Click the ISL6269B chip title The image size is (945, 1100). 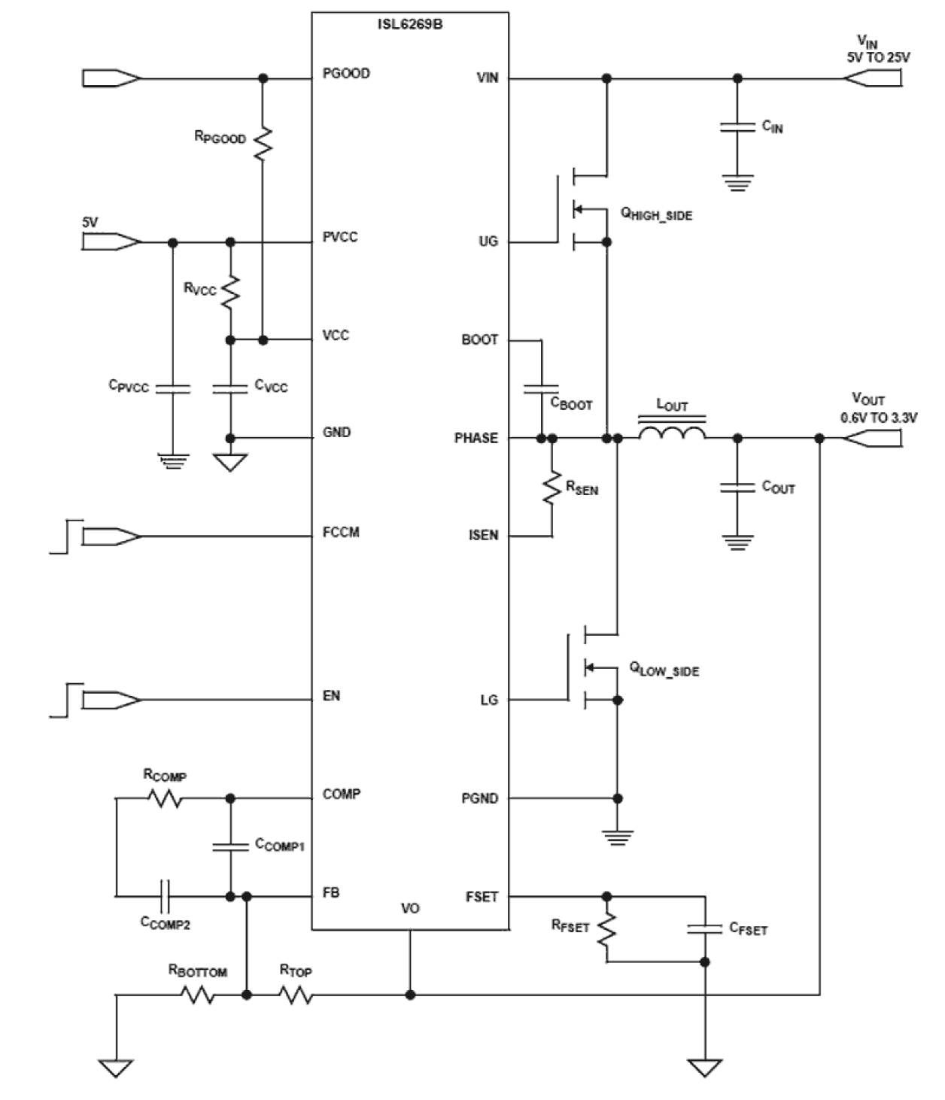pyautogui.click(x=410, y=24)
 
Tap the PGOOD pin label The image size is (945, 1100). pyautogui.click(x=345, y=74)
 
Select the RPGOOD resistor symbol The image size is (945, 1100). pyautogui.click(x=263, y=143)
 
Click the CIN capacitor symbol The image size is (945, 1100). pyautogui.click(x=737, y=127)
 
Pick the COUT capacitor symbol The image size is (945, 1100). pyautogui.click(x=737, y=488)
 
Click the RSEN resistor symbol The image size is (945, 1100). pyautogui.click(x=552, y=488)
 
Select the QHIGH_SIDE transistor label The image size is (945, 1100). pyautogui.click(x=656, y=214)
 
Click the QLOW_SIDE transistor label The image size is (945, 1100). pyautogui.click(x=664, y=670)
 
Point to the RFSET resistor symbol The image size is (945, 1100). pyautogui.click(x=606, y=930)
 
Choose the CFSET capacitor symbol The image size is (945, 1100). pyautogui.click(x=705, y=928)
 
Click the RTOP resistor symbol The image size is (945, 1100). pyautogui.click(x=296, y=995)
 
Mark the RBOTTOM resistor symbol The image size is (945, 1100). pyautogui.click(x=197, y=995)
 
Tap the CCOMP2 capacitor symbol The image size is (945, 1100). pyautogui.click(x=166, y=896)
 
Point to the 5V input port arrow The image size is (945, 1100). pyautogui.click(x=110, y=242)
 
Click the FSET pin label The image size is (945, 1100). pyautogui.click(x=482, y=897)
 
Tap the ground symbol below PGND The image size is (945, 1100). pyautogui.click(x=618, y=837)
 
